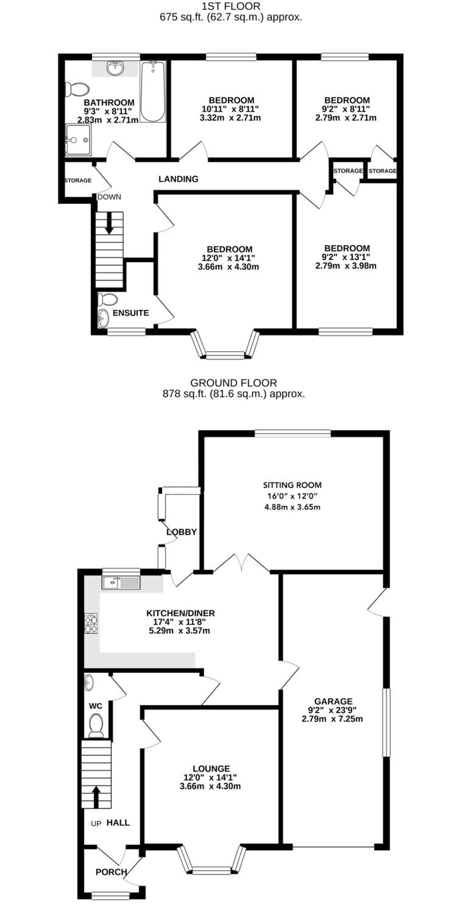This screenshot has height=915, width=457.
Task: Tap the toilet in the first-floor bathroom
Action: (x=76, y=89)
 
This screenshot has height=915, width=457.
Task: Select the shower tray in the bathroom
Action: (x=78, y=140)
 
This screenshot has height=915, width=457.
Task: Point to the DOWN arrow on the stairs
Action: (x=109, y=223)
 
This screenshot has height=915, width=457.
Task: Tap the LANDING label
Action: (x=179, y=179)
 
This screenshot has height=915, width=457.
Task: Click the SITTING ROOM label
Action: (x=292, y=485)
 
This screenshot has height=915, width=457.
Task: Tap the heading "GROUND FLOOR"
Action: (x=233, y=383)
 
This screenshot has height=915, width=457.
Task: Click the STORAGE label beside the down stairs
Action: (x=78, y=181)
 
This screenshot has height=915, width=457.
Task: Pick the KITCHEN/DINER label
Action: (x=181, y=613)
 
